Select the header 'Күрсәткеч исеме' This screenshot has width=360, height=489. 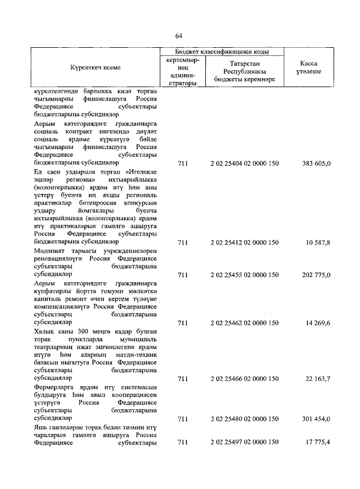(95, 67)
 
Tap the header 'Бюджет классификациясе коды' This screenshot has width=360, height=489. (220, 51)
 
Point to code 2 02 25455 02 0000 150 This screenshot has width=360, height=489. (244, 275)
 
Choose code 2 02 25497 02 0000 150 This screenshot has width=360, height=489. (244, 443)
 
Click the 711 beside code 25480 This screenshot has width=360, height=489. (182, 419)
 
